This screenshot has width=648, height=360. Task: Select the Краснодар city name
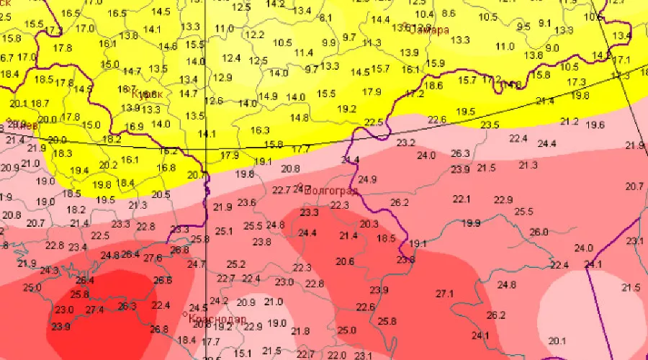(216, 319)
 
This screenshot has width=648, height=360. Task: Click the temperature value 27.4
(95, 310)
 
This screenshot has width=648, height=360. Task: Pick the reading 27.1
(445, 294)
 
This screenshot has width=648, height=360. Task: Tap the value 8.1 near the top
(325, 18)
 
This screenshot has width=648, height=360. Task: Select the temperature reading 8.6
(449, 14)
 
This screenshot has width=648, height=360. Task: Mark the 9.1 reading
(544, 23)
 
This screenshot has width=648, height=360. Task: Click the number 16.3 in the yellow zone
(260, 130)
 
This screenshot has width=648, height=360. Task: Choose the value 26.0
(539, 232)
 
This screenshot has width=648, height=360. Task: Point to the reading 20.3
(369, 225)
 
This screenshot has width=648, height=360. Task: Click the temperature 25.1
(224, 231)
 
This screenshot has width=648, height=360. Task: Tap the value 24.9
(367, 179)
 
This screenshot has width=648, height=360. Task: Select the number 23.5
(490, 125)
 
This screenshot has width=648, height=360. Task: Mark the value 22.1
(461, 199)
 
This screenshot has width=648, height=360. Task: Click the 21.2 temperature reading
(570, 122)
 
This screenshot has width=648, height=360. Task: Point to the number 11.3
(372, 43)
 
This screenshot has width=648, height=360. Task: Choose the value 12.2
(254, 35)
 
